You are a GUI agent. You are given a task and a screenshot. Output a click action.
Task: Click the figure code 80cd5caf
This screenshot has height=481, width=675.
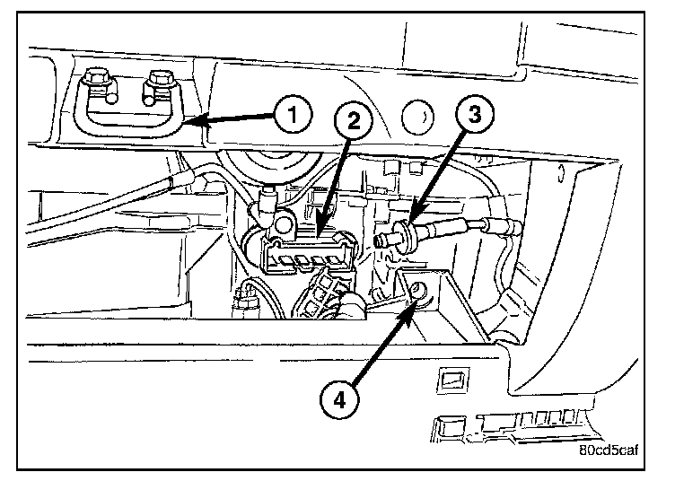tap(612, 451)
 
